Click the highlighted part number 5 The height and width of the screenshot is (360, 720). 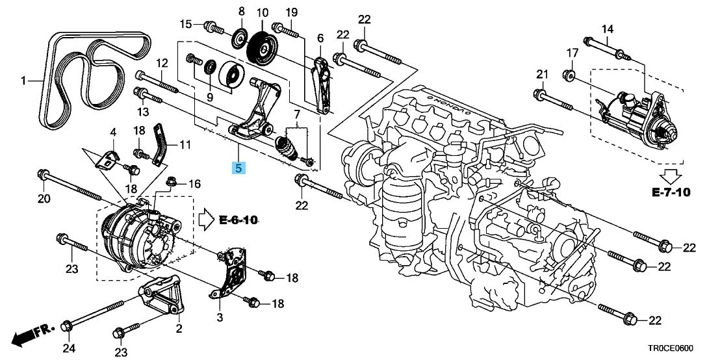coord(239,168)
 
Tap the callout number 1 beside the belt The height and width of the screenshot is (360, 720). coord(24,81)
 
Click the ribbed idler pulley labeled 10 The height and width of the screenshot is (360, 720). coord(263,47)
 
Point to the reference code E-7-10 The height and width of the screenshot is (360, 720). coord(671,192)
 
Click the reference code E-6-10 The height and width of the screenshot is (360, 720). coord(238,220)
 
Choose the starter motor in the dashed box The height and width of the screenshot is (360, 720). coord(634,114)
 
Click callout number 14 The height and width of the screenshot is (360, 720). coord(607,29)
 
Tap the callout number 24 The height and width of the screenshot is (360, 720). coord(69,348)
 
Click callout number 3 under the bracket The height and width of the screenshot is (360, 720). coord(220,317)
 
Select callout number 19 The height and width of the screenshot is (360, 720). coord(290,12)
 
